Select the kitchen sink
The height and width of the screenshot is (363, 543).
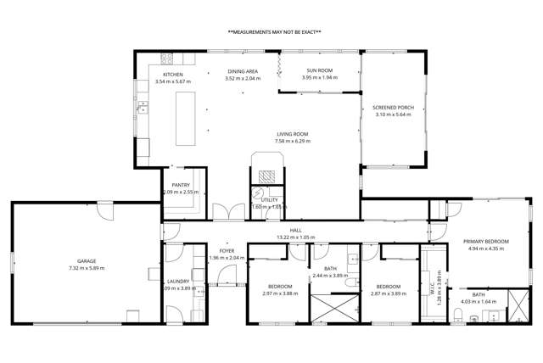point(144,109)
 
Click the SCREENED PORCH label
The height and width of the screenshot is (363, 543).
point(392,108)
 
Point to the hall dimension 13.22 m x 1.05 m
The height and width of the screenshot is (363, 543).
point(295,237)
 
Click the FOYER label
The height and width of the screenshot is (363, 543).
point(226,251)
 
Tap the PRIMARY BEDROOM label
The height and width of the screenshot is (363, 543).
point(485,242)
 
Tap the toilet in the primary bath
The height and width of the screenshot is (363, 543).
point(458,316)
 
